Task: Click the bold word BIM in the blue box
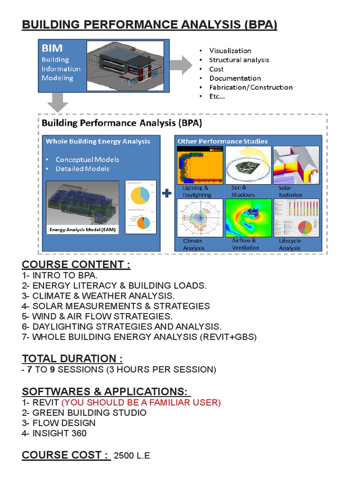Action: click(52, 48)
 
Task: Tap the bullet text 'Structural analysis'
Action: click(239, 60)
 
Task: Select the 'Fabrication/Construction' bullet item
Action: click(250, 87)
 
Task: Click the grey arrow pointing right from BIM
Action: click(180, 64)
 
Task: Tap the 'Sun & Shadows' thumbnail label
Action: click(243, 191)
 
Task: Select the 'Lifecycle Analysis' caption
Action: click(290, 244)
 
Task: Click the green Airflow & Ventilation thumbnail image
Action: click(248, 217)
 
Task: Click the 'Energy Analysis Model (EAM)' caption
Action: click(82, 230)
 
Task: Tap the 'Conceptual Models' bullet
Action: click(87, 159)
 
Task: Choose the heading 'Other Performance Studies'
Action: click(223, 141)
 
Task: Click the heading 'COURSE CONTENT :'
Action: click(76, 265)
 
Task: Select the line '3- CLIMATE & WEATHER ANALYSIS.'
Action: click(98, 296)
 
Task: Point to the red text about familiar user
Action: click(141, 403)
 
